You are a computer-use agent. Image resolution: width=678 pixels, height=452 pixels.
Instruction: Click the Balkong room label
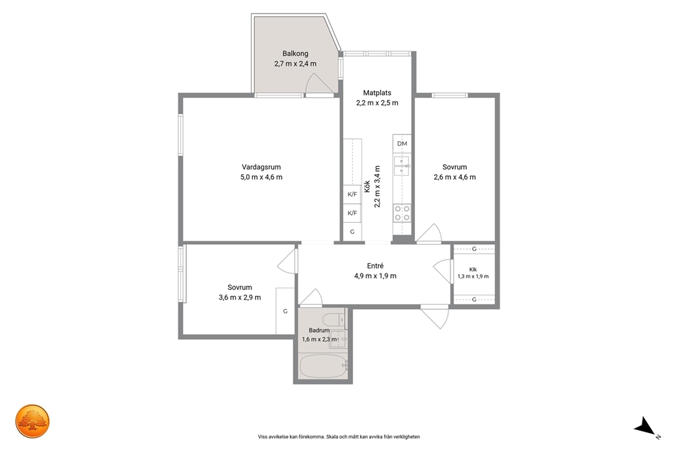pyautogui.click(x=295, y=53)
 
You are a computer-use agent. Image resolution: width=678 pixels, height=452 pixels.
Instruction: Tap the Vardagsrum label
pyautogui.click(x=261, y=167)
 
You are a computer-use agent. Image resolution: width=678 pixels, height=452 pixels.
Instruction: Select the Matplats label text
pyautogui.click(x=377, y=92)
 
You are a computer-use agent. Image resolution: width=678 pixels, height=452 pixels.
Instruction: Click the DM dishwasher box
pyautogui.click(x=402, y=144)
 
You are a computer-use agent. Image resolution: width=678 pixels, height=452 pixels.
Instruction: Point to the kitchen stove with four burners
pyautogui.click(x=402, y=213)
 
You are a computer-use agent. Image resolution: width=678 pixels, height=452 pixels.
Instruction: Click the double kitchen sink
pyautogui.click(x=402, y=166)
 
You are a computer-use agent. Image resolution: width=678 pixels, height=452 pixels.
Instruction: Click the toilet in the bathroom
pyautogui.click(x=334, y=320)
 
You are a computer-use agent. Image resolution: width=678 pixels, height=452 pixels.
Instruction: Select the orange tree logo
pyautogui.click(x=33, y=421)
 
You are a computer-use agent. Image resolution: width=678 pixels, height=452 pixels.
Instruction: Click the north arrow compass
pyautogui.click(x=646, y=427)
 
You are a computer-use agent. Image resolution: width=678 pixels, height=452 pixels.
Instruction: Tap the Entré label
pyautogui.click(x=375, y=266)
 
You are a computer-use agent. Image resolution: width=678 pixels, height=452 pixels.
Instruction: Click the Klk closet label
pyautogui.click(x=473, y=269)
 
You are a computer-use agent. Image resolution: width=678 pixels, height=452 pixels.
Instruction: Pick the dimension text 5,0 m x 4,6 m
pyautogui.click(x=261, y=177)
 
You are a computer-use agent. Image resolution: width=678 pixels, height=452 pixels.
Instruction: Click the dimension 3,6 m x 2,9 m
pyautogui.click(x=239, y=297)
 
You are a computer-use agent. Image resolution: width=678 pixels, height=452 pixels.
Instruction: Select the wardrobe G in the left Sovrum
pyautogui.click(x=286, y=311)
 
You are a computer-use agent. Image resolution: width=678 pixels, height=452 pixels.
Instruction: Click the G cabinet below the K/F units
pyautogui.click(x=353, y=232)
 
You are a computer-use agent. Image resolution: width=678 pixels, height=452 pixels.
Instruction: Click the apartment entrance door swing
pyautogui.click(x=435, y=317)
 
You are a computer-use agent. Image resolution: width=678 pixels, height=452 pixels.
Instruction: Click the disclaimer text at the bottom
pyautogui.click(x=338, y=437)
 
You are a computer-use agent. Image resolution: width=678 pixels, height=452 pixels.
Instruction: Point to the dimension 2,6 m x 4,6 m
pyautogui.click(x=455, y=177)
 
